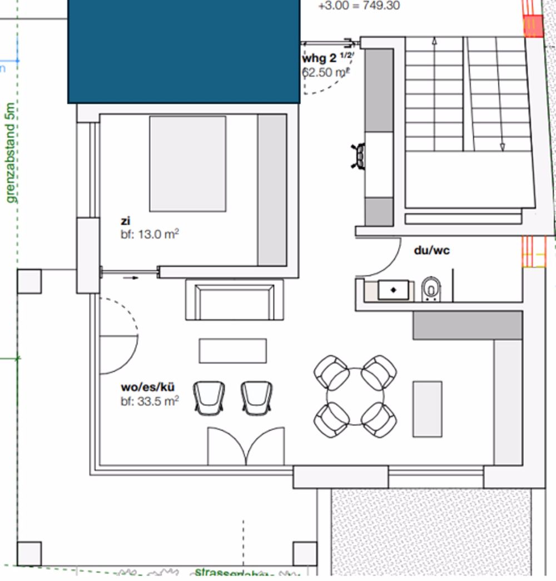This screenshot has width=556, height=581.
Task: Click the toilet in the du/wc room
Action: [430, 289]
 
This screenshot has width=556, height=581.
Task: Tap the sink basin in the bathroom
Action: [393, 290]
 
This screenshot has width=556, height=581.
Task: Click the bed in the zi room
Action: [188, 163]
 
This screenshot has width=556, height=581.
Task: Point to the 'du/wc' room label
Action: [431, 250]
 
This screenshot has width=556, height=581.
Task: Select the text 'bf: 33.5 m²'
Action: [150, 400]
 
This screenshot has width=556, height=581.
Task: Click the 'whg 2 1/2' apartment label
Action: [327, 58]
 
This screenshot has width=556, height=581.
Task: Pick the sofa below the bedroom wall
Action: [234, 300]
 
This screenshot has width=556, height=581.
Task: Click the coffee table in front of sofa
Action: [232, 351]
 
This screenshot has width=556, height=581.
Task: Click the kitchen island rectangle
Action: [427, 409]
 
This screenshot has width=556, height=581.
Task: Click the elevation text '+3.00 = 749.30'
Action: [359, 6]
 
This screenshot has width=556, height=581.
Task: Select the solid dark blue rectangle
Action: [183, 51]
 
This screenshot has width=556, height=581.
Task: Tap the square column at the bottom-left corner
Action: [29, 553]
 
